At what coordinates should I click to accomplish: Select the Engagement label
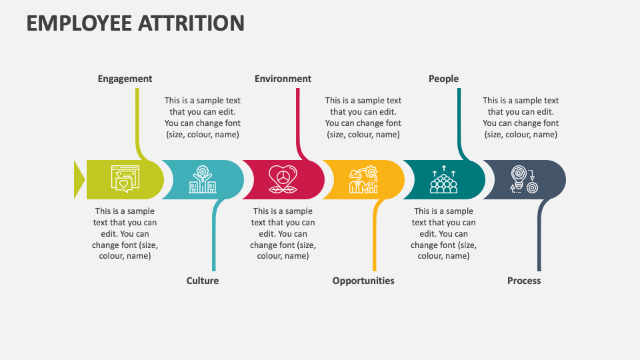[125, 79]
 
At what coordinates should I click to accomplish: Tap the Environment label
[283, 79]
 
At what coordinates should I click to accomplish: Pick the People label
[443, 79]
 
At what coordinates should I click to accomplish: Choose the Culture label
[203, 281]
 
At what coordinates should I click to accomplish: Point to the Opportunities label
[363, 281]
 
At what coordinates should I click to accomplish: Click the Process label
[524, 281]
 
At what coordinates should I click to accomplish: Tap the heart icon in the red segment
[283, 179]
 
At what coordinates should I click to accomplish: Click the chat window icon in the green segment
[125, 179]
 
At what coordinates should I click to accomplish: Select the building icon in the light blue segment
[203, 179]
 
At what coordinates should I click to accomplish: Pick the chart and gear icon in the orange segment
[363, 179]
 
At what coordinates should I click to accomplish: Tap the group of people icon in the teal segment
[443, 179]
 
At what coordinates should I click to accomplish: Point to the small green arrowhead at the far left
[79, 179]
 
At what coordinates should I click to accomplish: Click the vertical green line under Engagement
[137, 120]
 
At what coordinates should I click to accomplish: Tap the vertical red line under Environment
[297, 120]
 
